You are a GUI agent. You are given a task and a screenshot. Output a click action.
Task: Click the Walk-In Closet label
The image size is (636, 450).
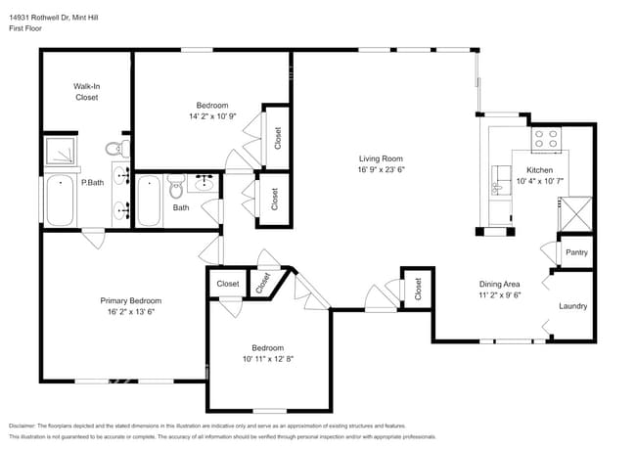(86, 92)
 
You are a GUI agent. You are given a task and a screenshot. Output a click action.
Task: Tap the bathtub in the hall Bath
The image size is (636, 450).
(150, 200)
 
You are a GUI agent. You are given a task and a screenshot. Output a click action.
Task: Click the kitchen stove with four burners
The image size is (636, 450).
(545, 140)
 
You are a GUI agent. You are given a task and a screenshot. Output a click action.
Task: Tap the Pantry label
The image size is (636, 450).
(576, 252)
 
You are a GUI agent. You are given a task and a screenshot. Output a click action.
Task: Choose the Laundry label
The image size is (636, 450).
(572, 306)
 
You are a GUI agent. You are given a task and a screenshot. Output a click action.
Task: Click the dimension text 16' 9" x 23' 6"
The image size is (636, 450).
(381, 169)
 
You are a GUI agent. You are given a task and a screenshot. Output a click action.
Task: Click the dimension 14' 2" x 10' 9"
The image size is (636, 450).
(212, 116)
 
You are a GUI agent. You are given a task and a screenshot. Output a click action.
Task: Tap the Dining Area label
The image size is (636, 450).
(498, 284)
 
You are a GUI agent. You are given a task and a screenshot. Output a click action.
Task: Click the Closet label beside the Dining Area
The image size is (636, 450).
(418, 291)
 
